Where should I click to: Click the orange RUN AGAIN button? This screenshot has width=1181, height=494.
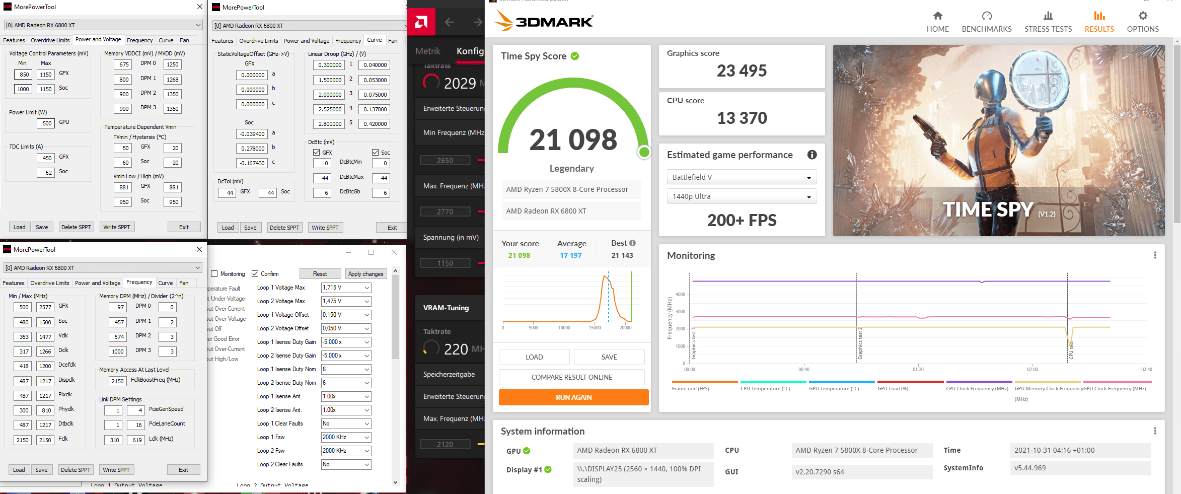click(x=573, y=397)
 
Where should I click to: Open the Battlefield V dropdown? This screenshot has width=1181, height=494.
click(x=742, y=177)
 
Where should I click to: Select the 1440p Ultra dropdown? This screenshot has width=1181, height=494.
click(x=742, y=196)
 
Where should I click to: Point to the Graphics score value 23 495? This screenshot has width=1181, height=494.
click(x=742, y=71)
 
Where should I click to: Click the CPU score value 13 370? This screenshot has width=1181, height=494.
click(x=742, y=118)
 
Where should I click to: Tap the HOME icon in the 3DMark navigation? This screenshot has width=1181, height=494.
click(x=937, y=16)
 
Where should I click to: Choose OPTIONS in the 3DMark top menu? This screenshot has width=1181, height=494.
click(x=1143, y=22)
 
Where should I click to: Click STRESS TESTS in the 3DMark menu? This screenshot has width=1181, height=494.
click(x=1048, y=22)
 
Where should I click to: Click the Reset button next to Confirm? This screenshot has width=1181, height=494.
click(x=320, y=274)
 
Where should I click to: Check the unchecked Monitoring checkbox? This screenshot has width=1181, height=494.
click(x=214, y=274)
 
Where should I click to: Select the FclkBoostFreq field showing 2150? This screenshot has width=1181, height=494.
click(x=118, y=381)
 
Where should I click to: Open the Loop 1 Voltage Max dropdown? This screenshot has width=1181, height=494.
click(x=346, y=288)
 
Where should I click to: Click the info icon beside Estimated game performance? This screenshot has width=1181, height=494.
click(x=812, y=155)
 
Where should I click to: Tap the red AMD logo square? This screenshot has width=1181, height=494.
click(x=421, y=22)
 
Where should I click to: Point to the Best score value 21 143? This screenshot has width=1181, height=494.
click(x=622, y=255)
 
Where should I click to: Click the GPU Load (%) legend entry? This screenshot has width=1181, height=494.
click(x=893, y=388)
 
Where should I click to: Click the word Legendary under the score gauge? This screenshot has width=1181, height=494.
click(x=571, y=168)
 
